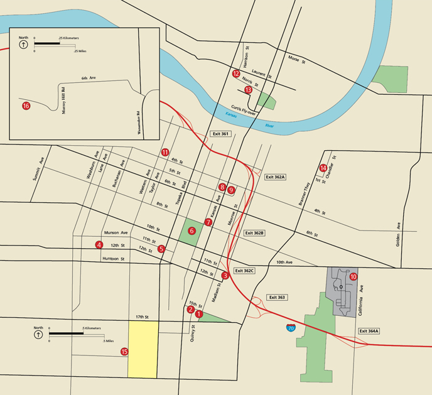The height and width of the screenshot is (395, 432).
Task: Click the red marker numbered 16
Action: (x=26, y=106)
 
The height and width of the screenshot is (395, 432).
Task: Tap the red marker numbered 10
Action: (x=353, y=276)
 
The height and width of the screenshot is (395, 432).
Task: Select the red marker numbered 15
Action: (x=124, y=352)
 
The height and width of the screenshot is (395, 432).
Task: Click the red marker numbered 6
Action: (x=192, y=231)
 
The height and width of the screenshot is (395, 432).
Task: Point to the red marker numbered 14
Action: (x=323, y=168)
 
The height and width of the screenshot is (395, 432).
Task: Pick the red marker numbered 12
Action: (x=236, y=74)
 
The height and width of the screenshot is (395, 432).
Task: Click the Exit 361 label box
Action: (x=218, y=134)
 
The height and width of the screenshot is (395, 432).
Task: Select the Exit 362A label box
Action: (x=275, y=178)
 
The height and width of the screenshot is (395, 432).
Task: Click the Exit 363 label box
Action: (x=276, y=296)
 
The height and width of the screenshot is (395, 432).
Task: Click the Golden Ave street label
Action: (x=398, y=235)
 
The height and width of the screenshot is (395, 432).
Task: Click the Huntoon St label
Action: (x=114, y=258)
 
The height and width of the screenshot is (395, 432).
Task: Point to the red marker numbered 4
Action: (x=99, y=244)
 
